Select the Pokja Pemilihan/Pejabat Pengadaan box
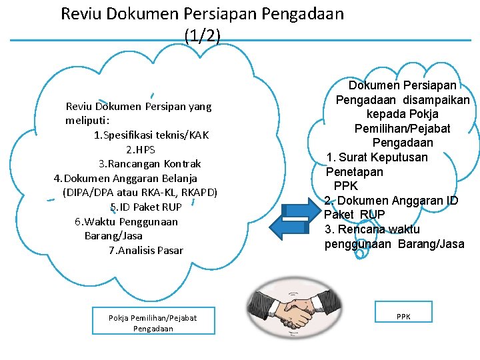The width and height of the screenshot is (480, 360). pos(153,323)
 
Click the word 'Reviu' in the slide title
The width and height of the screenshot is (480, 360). pos(82,13)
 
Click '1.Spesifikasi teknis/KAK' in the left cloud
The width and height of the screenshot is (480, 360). pos(152,135)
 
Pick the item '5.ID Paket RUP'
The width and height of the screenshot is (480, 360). pos(146,207)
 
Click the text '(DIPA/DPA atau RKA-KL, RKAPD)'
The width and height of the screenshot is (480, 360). pos(140,193)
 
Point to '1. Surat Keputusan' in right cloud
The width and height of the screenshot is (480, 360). pos(377,157)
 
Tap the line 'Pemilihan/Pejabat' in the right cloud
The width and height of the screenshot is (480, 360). pos(402,128)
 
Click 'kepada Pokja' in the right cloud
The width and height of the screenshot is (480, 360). pos(402,114)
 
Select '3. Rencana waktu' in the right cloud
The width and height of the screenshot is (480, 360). pos(373,229)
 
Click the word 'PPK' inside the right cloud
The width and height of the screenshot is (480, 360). pos(346,186)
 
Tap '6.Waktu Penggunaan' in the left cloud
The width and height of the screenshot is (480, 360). pos(127,221)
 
